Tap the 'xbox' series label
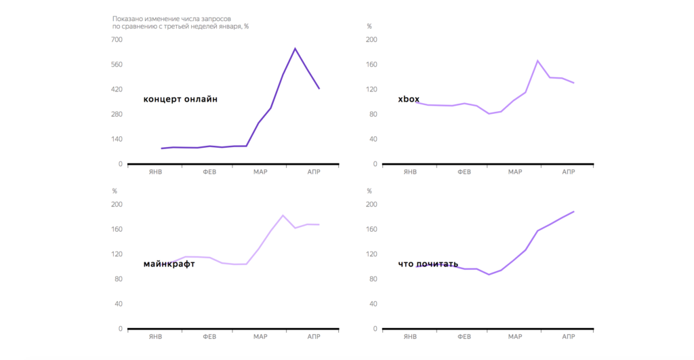point(409,100)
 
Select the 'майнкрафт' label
point(169,264)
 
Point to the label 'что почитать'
point(428,264)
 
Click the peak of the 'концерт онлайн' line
point(295,48)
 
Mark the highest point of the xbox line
point(537,60)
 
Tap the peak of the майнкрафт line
point(283,215)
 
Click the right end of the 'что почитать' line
point(574,212)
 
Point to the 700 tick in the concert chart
point(117,40)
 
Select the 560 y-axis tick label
point(117,64)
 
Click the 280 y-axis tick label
point(117,114)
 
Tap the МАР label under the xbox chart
point(515,172)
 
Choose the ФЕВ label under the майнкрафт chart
point(209,337)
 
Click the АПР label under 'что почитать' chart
point(568,337)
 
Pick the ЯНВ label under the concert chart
point(155,172)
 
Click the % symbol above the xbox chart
point(369,26)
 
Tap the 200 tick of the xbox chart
point(371,40)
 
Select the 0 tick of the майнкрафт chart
point(120,329)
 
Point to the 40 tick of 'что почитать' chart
point(373,304)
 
